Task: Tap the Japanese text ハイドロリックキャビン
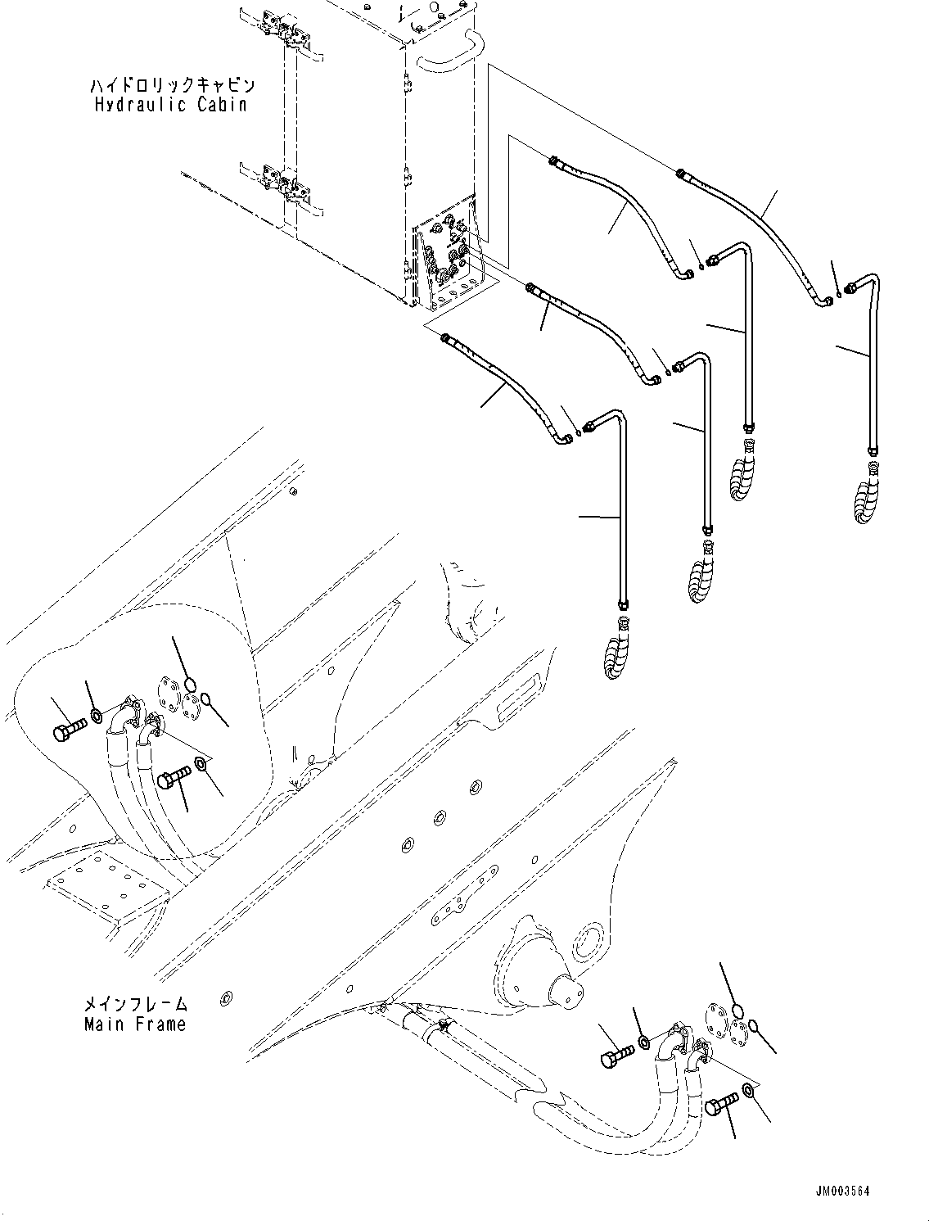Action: [172, 86]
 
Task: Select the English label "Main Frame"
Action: [135, 1024]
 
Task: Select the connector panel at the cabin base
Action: [449, 254]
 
